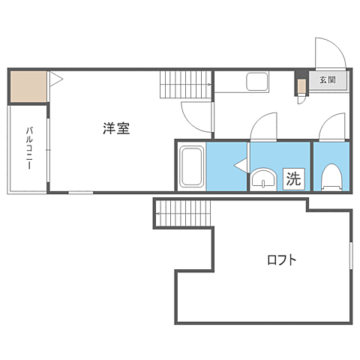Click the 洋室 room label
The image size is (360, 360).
[x=116, y=128]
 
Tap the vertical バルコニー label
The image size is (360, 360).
[x=29, y=148]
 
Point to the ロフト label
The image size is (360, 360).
[x=282, y=260]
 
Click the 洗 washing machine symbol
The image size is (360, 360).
[x=293, y=179]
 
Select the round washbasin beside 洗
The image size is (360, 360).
[x=262, y=179]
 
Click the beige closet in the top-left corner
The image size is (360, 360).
[x=28, y=87]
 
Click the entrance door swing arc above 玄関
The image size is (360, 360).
[x=329, y=52]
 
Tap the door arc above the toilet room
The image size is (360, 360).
[x=331, y=126]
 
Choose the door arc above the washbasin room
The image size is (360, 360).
[x=263, y=126]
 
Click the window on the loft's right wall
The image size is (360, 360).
[x=351, y=262]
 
